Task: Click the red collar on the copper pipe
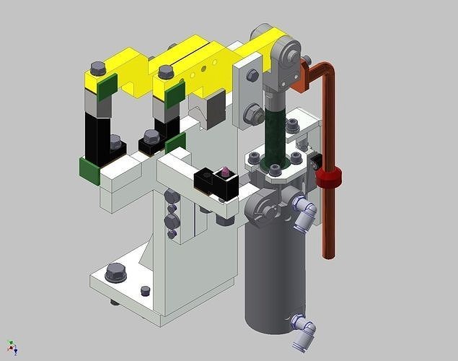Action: pos(328,178)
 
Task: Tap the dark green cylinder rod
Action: pos(275,134)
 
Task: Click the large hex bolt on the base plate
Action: pos(115,273)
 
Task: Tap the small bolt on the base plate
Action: pos(145,290)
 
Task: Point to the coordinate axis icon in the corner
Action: pos(12,347)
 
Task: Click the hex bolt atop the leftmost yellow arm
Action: pos(99,69)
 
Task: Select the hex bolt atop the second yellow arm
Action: pos(166,71)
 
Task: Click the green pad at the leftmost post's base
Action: pos(89,171)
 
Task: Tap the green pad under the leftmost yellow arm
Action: pos(106,89)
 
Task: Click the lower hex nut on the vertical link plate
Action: pos(253,113)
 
